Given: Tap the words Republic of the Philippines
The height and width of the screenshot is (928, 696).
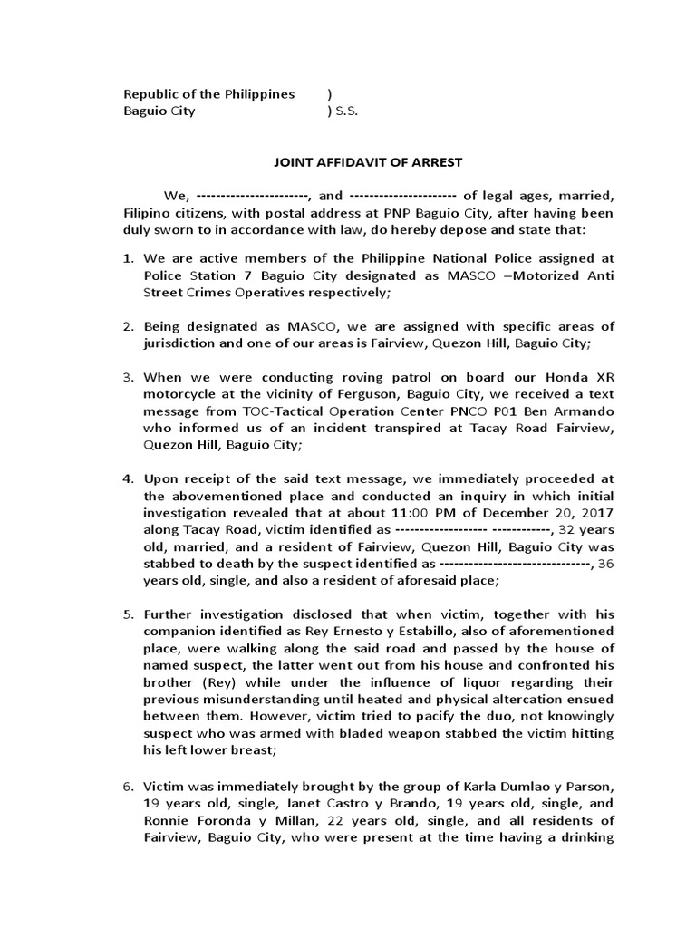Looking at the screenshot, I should [208, 94].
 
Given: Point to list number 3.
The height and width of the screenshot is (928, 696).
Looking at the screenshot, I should [129, 377].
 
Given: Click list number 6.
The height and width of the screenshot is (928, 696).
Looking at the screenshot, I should [129, 786].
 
